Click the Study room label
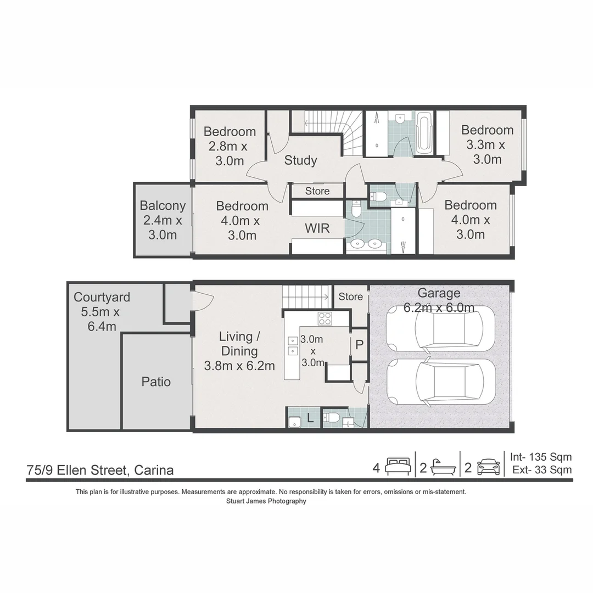pos(300,160)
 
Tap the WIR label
pos(317,228)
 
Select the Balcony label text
pos(163,206)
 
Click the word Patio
pos(156,382)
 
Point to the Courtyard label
pos(102,297)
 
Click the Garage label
pos(439,293)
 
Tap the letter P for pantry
pos(359,344)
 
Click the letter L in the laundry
pos(310,418)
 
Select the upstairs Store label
pos(317,191)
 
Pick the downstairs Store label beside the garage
pos(350,296)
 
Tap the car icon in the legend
pos(489,467)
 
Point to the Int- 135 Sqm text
pos(541,457)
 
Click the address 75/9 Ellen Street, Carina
pos(100,470)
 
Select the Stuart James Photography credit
pos(266,501)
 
